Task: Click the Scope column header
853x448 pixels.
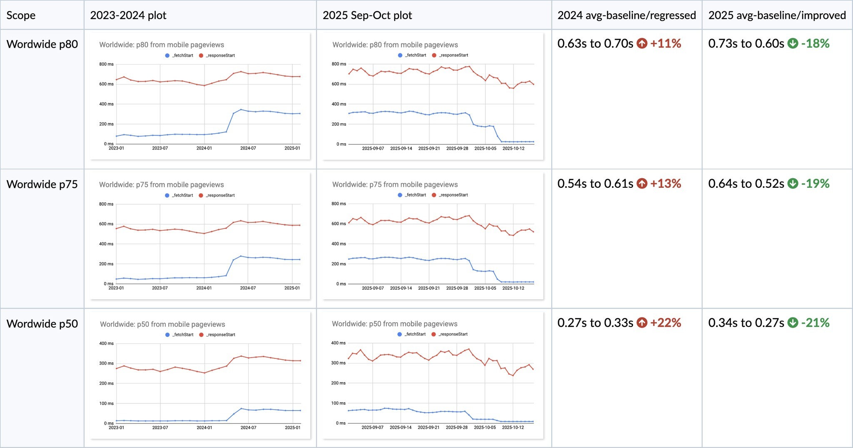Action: [x=21, y=15]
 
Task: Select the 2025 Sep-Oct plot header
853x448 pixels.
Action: [x=367, y=15]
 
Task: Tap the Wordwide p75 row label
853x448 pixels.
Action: [x=42, y=184]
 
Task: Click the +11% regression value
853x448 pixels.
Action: [x=666, y=43]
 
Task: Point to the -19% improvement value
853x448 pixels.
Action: [x=815, y=184]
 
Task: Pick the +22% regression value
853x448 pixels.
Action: [x=666, y=323]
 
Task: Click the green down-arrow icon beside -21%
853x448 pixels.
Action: [x=793, y=323]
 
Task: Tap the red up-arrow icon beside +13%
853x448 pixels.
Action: [x=642, y=184]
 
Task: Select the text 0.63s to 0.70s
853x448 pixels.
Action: [x=595, y=43]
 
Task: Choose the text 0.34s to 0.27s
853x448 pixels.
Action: [x=746, y=323]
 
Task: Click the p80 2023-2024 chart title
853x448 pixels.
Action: [x=162, y=45]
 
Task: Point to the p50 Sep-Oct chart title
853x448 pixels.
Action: [x=394, y=324]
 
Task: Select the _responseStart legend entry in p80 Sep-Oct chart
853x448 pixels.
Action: [x=450, y=55]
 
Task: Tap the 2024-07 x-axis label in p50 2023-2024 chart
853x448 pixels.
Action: [x=248, y=428]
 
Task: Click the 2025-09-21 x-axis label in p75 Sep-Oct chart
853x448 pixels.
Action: [x=429, y=288]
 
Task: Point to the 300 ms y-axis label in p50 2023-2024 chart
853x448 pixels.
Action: [x=106, y=363]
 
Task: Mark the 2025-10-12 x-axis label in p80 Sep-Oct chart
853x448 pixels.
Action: [x=514, y=148]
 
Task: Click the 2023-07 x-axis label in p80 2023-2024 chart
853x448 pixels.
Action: [x=160, y=148]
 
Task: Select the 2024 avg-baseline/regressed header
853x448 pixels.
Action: [x=626, y=15]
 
